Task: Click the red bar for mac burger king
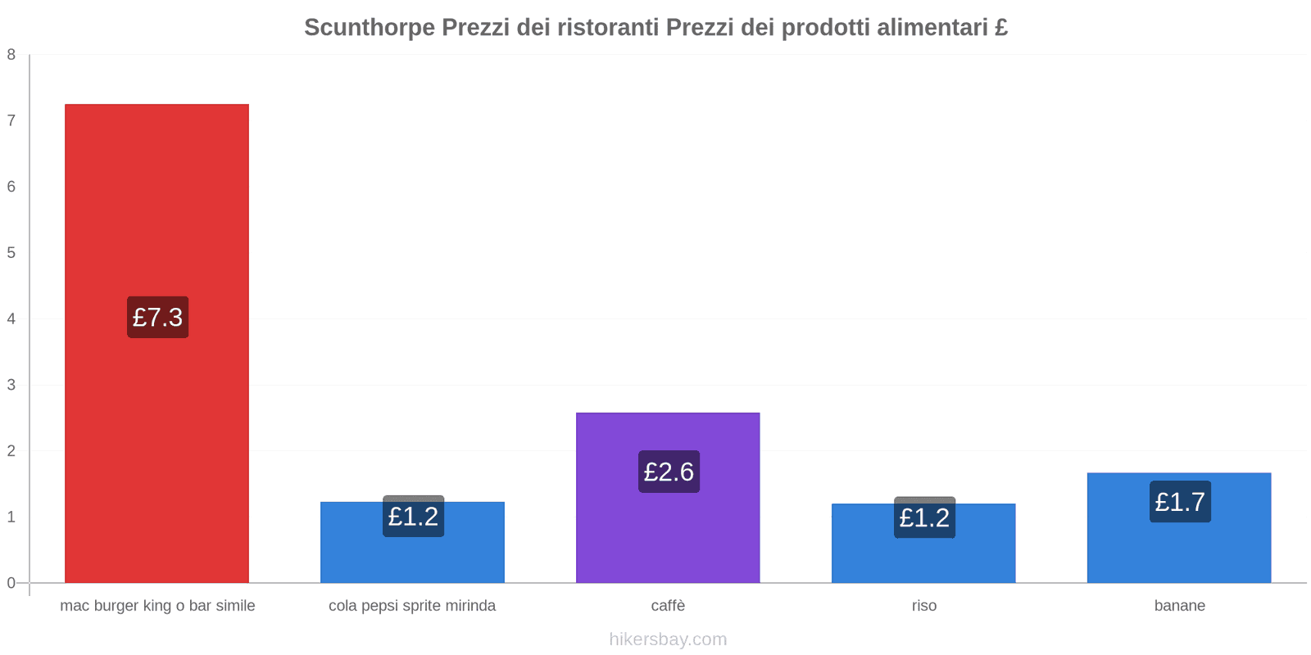(157, 205)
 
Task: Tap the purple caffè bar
(668, 532)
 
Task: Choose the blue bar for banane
(1179, 549)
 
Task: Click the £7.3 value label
(157, 317)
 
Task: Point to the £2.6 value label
(669, 472)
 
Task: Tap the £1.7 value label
(1180, 501)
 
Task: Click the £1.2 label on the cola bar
(413, 517)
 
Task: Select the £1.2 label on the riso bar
(924, 517)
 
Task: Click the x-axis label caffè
(668, 606)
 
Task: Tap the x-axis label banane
(1179, 606)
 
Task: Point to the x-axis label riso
(923, 606)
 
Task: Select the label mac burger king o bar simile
(157, 606)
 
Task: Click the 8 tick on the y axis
(11, 55)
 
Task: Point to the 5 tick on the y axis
(11, 253)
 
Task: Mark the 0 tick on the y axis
(11, 583)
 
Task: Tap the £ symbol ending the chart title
(1001, 28)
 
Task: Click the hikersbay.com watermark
(668, 639)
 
